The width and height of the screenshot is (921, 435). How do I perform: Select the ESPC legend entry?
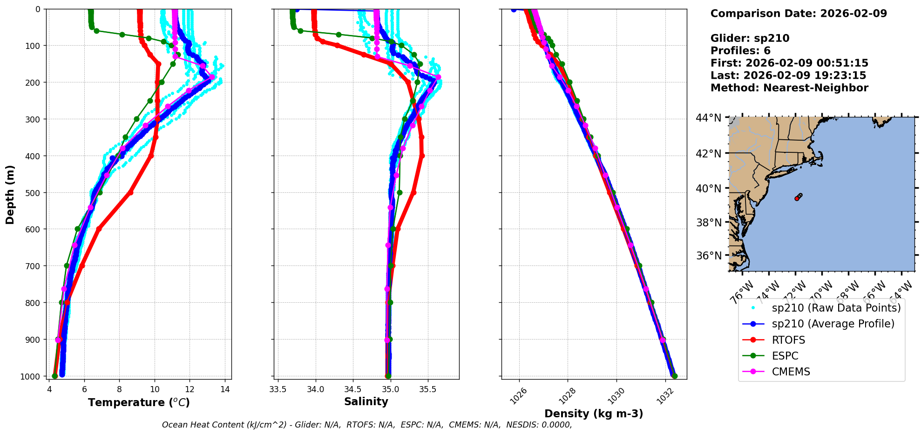click(785, 356)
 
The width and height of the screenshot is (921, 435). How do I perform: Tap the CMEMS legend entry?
click(791, 372)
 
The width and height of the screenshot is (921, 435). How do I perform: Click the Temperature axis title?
click(139, 402)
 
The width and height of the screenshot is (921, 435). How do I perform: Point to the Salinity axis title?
click(366, 401)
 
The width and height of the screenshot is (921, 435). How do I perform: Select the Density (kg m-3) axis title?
click(594, 414)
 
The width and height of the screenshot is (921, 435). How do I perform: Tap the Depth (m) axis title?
click(10, 194)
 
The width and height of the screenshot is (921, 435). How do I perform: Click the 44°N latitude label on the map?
click(708, 118)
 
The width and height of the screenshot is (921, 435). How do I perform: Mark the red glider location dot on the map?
click(797, 198)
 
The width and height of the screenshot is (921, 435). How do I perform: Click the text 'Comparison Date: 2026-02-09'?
click(799, 14)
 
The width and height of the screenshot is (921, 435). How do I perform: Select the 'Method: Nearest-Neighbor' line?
click(789, 88)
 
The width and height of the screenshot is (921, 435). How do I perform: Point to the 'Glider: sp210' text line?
click(750, 38)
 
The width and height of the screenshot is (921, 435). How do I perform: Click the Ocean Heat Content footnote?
click(366, 425)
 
